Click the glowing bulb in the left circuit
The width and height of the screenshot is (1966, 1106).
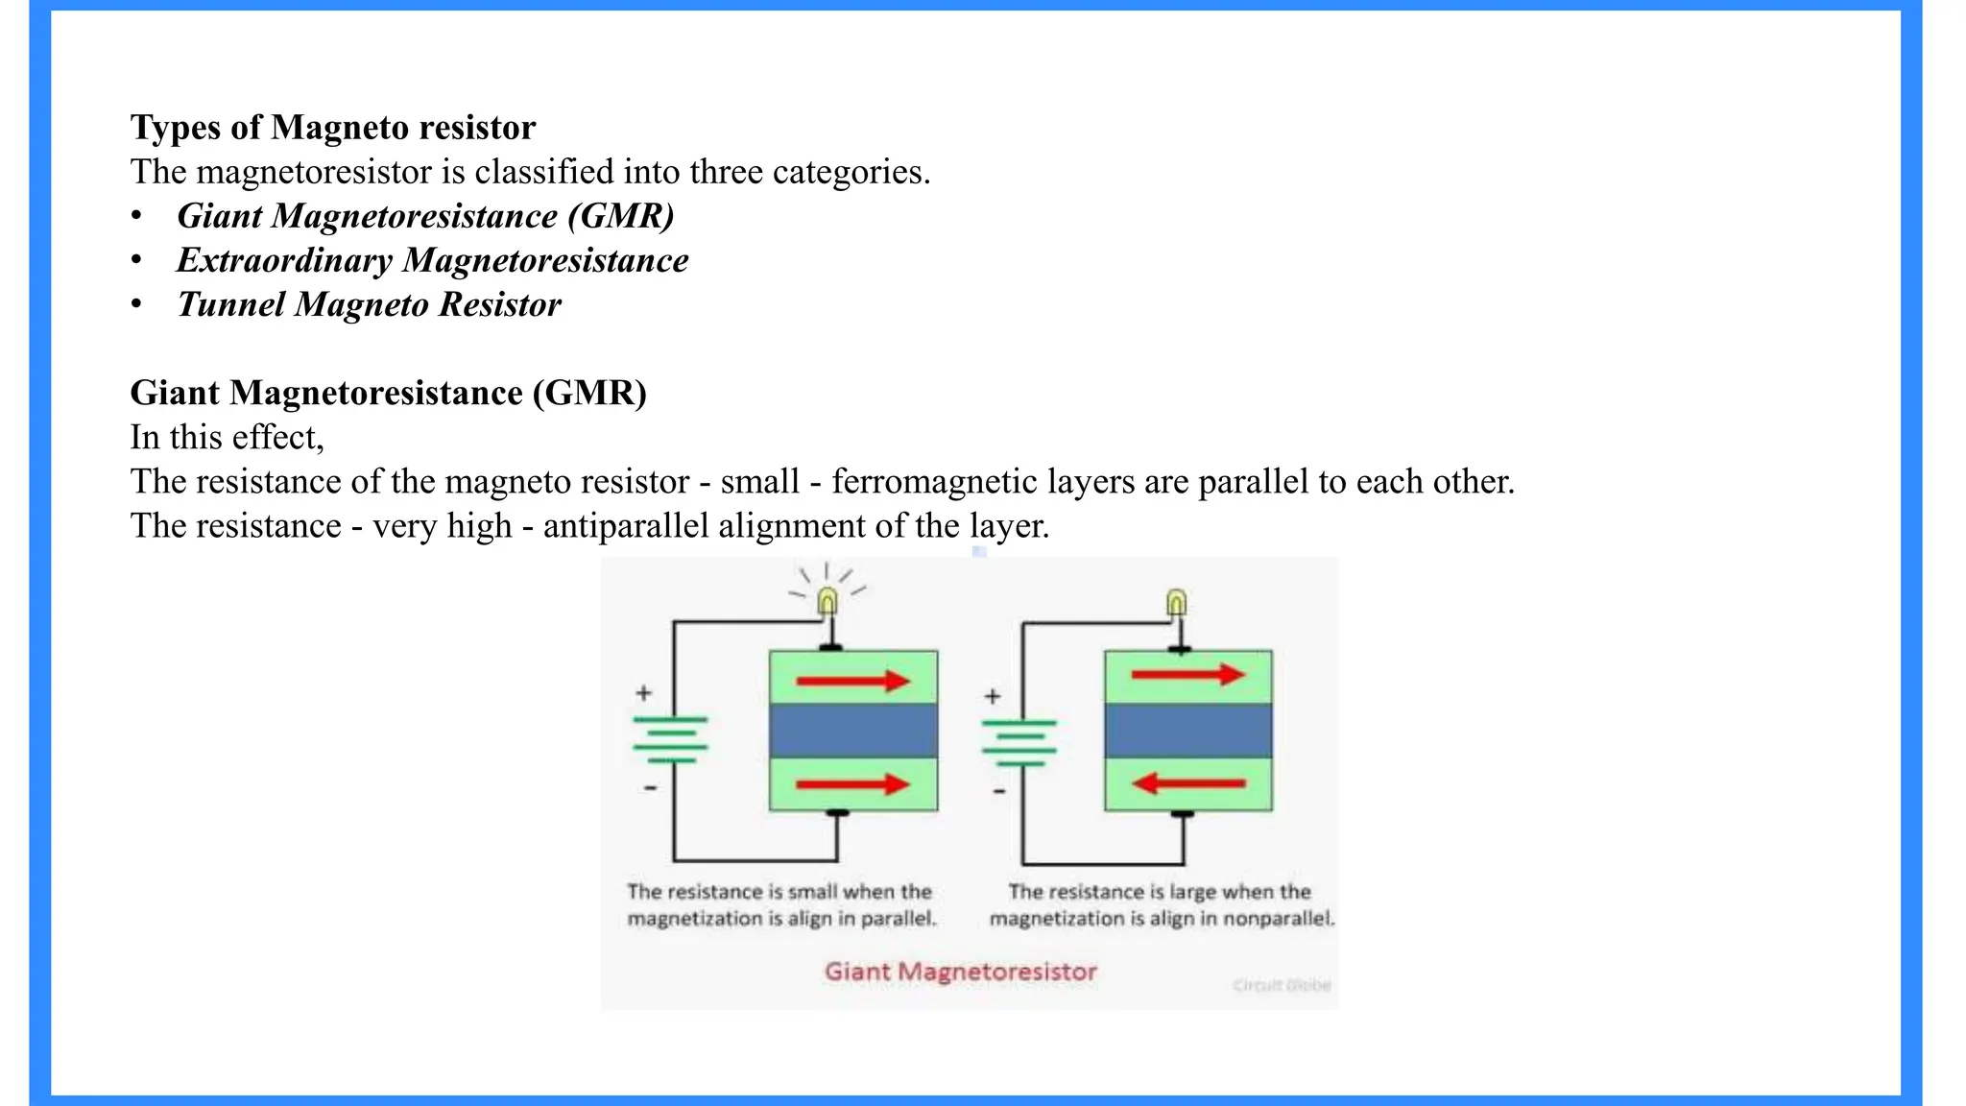click(827, 602)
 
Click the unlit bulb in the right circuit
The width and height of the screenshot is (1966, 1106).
click(1176, 603)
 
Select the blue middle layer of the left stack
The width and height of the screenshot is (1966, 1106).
click(853, 731)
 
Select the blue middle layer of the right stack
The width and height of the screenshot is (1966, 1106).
click(1188, 731)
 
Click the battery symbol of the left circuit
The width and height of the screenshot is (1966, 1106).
click(670, 739)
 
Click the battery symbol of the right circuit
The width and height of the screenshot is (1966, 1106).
click(1019, 743)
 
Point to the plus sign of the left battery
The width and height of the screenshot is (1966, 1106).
click(644, 692)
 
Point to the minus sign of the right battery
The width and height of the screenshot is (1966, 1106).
click(999, 791)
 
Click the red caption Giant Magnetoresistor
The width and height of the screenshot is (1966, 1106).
click(960, 972)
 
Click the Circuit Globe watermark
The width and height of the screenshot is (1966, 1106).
click(1282, 985)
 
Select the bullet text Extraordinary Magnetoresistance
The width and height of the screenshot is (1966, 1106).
click(432, 260)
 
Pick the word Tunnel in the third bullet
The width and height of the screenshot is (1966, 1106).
click(231, 304)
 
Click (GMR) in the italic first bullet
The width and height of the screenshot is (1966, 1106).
click(621, 216)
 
